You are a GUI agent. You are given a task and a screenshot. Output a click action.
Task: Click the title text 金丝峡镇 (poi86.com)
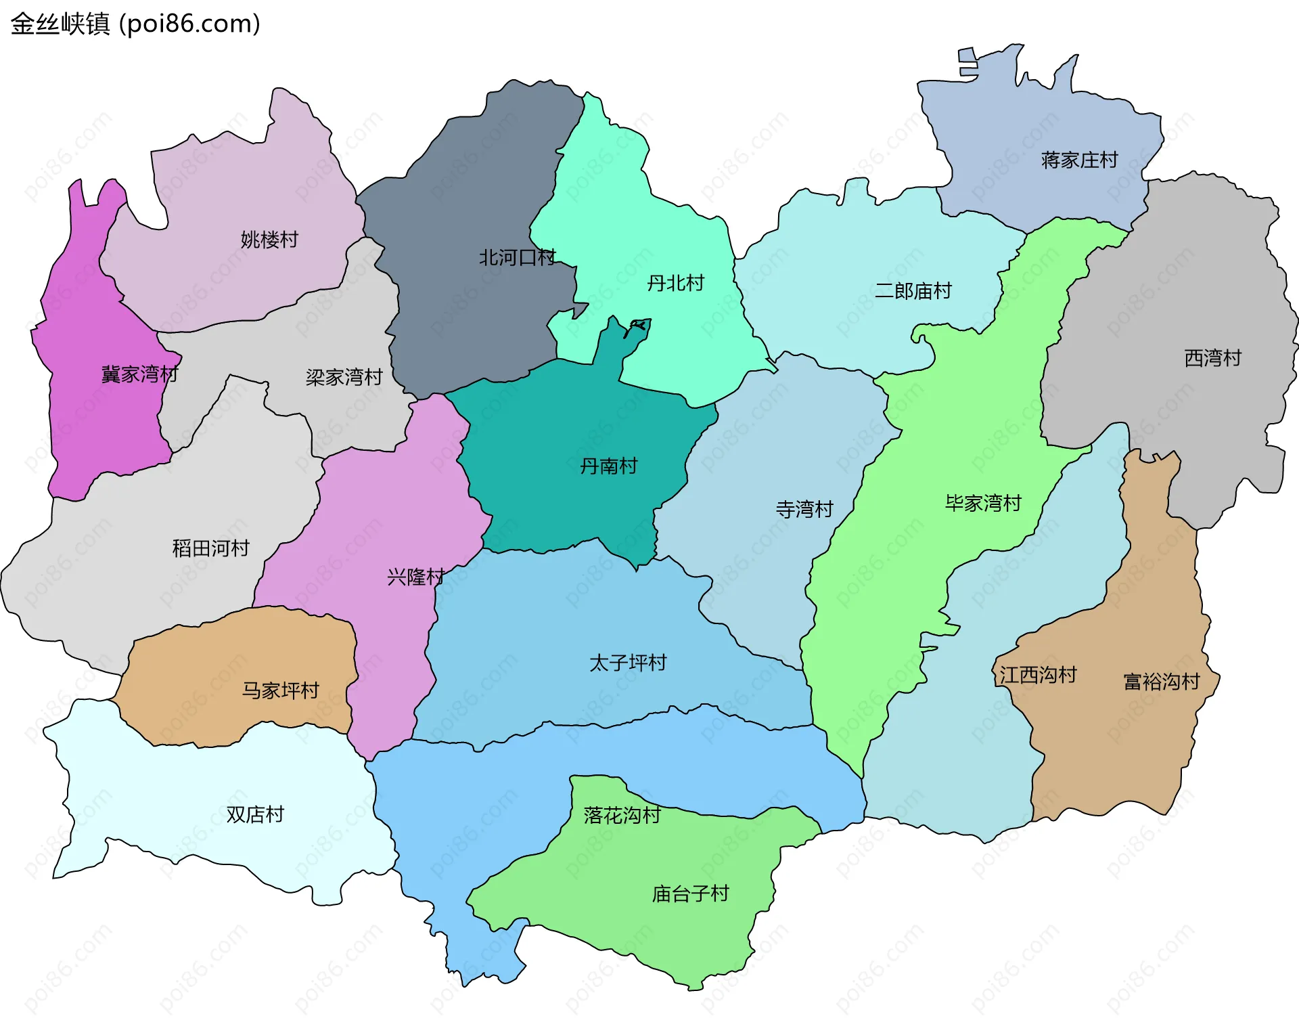[135, 24]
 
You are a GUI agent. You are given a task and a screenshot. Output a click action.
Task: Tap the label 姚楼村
[269, 240]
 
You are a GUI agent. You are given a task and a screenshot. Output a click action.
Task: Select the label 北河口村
[517, 258]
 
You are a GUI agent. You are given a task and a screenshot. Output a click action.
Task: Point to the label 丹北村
[675, 283]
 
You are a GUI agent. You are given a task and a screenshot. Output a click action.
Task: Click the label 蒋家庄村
[1079, 160]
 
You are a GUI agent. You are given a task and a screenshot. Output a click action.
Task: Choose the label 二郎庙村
[913, 291]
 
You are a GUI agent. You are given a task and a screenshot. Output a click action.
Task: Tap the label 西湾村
[1212, 358]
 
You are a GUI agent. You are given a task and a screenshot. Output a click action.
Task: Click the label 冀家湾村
[139, 374]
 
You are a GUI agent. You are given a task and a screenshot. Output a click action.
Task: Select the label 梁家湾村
[344, 377]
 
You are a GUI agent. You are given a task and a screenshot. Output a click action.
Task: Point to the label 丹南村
[608, 466]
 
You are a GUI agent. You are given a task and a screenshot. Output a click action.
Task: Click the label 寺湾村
[804, 510]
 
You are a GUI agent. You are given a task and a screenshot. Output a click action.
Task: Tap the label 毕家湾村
[982, 504]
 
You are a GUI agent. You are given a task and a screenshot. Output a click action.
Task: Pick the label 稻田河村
[210, 548]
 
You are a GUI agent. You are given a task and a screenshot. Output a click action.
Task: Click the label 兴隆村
[415, 577]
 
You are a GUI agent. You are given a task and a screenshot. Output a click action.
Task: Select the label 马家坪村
[280, 691]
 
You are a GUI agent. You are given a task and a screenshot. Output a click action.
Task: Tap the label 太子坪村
[628, 663]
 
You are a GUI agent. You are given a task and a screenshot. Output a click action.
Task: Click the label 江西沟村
[1038, 675]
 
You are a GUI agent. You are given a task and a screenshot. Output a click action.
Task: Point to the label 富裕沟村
[1161, 682]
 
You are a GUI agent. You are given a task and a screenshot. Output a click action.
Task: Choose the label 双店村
[255, 815]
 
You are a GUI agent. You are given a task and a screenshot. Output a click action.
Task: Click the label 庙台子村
[690, 894]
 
